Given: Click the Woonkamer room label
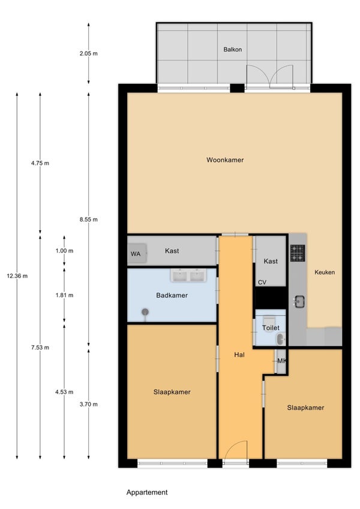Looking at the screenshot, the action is click(x=225, y=159).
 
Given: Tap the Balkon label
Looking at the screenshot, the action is click(x=232, y=49).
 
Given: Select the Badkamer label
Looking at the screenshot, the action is click(x=172, y=295).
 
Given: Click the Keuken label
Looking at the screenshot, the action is click(x=324, y=272).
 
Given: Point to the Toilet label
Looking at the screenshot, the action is click(x=271, y=327).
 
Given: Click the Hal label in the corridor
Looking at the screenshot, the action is click(x=239, y=354).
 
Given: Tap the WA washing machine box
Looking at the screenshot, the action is click(x=137, y=253).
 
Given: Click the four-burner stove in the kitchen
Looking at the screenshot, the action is click(x=297, y=253).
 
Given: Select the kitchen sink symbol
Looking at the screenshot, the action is click(x=299, y=302).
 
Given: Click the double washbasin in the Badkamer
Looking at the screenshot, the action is click(x=188, y=275).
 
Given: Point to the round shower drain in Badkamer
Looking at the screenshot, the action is click(x=145, y=312).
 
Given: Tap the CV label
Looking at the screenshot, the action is click(x=262, y=282).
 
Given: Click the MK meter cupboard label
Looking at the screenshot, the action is click(x=281, y=361).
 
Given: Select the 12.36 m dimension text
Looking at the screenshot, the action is click(x=17, y=276).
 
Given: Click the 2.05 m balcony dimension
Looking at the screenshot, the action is click(x=88, y=53).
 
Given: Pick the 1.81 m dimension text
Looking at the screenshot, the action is click(x=64, y=295).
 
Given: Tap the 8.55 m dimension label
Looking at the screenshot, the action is click(x=88, y=219).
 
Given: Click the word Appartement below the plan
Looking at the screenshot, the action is click(x=147, y=492).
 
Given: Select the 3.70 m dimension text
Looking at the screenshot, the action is click(x=88, y=404).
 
